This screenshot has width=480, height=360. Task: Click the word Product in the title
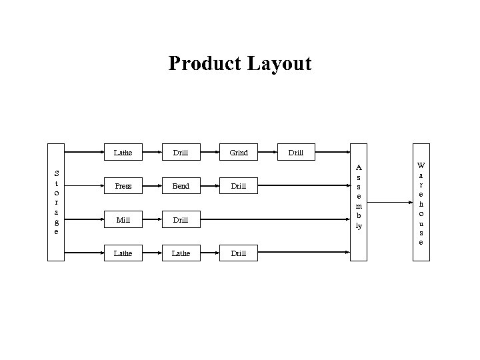coord(205,64)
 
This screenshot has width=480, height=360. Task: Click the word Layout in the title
coord(280,64)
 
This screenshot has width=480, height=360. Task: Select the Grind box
coord(239,153)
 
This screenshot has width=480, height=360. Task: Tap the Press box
coord(123,186)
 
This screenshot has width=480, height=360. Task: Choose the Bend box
coord(181,186)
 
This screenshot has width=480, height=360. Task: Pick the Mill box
coord(123,219)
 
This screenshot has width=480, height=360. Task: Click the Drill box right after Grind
coord(296,153)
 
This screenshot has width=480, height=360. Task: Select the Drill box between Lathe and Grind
coord(181,153)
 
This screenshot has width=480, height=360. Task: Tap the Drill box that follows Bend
coord(239,186)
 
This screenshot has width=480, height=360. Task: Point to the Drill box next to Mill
coord(181,219)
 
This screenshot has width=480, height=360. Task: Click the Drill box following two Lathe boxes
coord(239,253)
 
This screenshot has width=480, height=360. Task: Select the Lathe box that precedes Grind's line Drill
coord(123,153)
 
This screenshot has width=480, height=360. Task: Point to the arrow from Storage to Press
coord(83,186)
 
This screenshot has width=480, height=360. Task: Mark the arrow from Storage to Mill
coord(83,219)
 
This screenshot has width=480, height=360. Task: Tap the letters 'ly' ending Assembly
coord(359,226)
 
